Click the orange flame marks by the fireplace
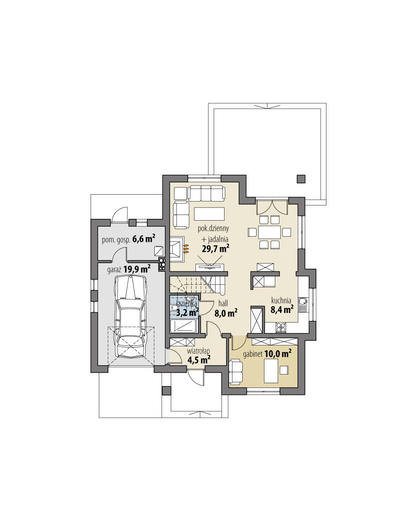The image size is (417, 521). point(187,248)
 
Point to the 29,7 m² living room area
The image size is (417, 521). point(215,248)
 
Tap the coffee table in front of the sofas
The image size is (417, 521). point(209,214)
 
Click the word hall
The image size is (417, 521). point(224,304)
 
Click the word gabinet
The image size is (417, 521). point(253,354)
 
